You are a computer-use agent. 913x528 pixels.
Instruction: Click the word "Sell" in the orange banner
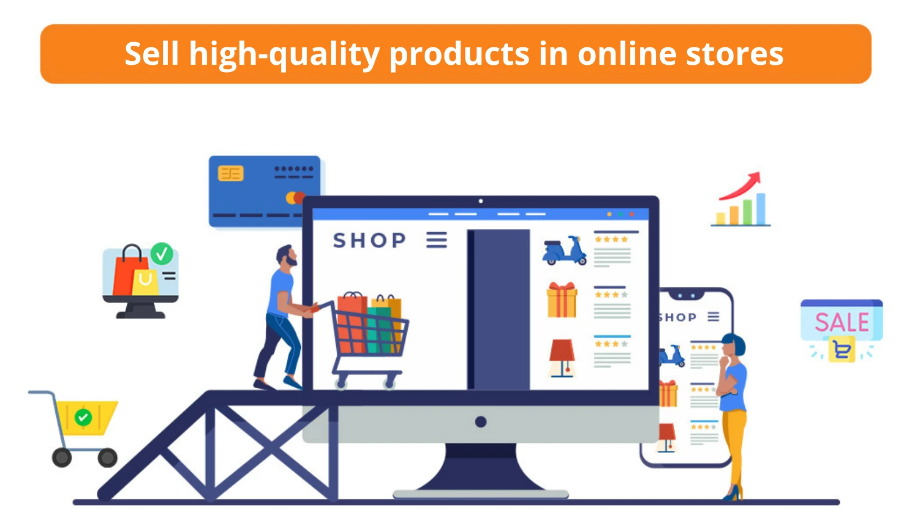152,54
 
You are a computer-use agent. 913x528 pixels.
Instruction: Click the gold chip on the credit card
231,174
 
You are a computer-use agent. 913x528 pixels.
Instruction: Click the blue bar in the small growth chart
761,208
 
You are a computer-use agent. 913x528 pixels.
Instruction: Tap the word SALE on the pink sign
841,322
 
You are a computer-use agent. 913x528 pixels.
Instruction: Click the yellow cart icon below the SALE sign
841,349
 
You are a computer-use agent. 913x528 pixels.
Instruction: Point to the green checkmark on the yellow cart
83,417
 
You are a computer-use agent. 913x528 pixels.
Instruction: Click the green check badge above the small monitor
162,254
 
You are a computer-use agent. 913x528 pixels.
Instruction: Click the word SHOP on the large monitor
369,240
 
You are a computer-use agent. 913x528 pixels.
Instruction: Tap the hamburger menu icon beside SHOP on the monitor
437,239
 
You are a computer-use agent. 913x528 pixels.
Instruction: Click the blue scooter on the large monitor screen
564,250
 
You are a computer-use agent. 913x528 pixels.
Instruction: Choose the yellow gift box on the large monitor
562,300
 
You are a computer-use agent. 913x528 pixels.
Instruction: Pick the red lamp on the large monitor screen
562,358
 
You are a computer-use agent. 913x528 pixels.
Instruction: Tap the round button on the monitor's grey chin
481,421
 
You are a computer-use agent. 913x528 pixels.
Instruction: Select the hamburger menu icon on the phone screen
713,317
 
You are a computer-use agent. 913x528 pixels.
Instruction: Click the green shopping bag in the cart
380,330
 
